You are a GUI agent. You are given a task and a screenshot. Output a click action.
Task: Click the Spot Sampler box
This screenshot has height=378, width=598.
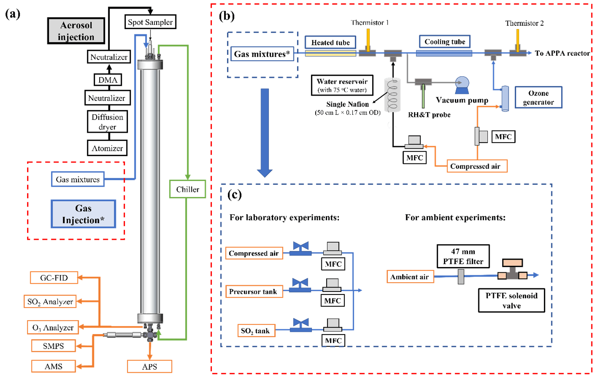point(150,22)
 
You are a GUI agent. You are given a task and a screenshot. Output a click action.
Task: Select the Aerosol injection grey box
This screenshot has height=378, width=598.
point(76,31)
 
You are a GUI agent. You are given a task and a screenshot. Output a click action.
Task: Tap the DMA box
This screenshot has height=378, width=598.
point(108,80)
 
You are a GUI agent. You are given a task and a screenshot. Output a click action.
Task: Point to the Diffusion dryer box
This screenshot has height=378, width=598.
point(107,122)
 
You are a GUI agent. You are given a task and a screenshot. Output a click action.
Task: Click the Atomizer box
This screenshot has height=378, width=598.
point(107,148)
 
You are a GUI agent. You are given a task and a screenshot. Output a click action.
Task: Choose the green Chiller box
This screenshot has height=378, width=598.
point(187,189)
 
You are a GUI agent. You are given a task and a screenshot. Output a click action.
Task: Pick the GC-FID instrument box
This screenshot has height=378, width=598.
point(54,278)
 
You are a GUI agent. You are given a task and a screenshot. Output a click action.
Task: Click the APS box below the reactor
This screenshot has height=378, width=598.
point(150,367)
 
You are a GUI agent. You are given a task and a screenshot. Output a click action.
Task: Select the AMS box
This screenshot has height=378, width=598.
point(54,366)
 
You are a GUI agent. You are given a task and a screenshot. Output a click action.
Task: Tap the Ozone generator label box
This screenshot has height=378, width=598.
point(538,97)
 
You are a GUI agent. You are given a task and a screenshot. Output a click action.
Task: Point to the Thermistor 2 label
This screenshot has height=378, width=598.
point(524,23)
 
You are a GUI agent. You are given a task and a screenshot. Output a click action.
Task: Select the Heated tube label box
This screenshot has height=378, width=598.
point(330,43)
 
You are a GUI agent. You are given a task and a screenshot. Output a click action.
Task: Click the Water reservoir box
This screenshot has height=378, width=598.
point(342,85)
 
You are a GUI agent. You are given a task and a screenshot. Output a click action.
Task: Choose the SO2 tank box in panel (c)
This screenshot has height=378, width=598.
point(256,331)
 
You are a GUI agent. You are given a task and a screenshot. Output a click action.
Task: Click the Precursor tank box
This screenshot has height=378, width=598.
point(254,292)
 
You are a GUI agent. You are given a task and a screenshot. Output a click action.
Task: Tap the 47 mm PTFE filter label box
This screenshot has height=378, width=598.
point(463,256)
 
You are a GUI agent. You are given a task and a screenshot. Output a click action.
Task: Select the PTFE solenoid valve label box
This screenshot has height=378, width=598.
point(512,301)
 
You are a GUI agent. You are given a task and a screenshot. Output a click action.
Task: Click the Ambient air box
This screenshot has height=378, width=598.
point(410,277)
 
